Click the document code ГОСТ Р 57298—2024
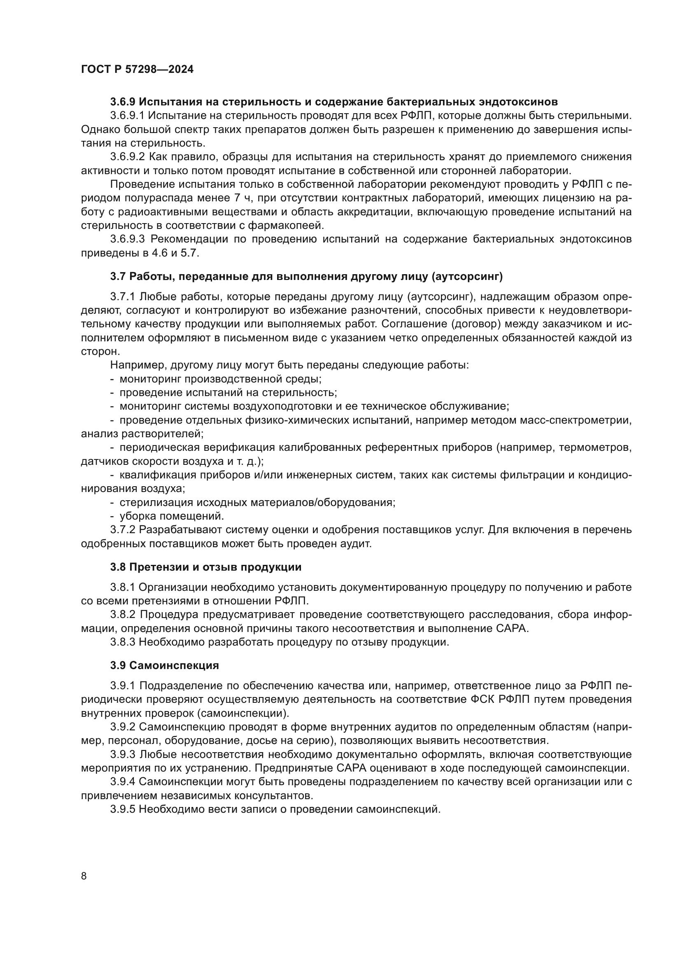coord(137,70)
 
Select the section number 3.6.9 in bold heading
coord(123,102)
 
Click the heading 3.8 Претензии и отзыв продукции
coord(205,567)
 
